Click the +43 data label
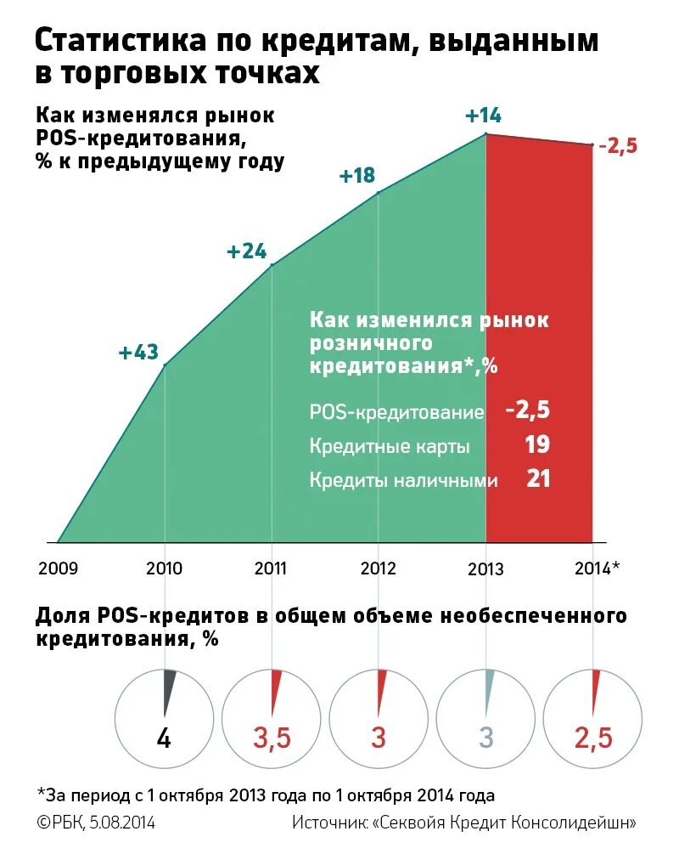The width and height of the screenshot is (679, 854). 139,352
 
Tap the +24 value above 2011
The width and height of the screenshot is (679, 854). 246,252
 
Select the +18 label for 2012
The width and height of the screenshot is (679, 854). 356,176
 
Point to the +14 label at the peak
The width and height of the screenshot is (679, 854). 484,116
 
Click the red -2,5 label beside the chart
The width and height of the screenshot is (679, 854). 617,146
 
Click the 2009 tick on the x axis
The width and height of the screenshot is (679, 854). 58,568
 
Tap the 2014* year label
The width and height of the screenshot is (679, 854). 598,568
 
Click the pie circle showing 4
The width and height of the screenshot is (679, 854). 165,716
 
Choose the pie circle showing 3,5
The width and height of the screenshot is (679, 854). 272,716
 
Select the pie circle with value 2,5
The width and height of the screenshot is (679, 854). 593,716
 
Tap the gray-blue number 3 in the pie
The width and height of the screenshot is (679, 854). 485,738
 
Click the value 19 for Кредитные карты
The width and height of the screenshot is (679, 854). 536,444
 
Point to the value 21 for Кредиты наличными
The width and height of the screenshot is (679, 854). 538,479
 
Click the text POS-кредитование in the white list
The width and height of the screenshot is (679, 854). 396,412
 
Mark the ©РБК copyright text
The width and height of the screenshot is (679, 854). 64,823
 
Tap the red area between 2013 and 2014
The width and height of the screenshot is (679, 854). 539,340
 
